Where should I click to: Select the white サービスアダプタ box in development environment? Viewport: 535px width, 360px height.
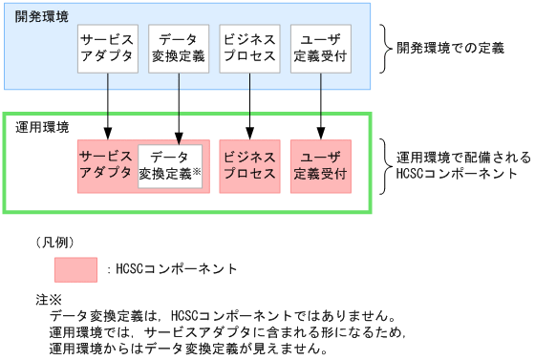[x=108, y=50]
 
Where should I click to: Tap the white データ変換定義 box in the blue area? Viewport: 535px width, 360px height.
[x=179, y=50]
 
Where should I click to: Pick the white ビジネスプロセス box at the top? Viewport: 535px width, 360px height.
[x=249, y=50]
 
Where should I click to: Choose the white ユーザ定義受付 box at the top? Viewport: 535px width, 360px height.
[x=320, y=50]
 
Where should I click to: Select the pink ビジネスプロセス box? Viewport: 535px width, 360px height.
[x=249, y=166]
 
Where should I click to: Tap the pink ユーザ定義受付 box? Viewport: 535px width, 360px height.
[x=321, y=166]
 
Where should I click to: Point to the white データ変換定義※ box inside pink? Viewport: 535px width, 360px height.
[x=169, y=166]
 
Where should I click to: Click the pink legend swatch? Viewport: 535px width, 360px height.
[x=75, y=269]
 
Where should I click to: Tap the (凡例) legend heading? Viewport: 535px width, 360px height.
[x=54, y=241]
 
